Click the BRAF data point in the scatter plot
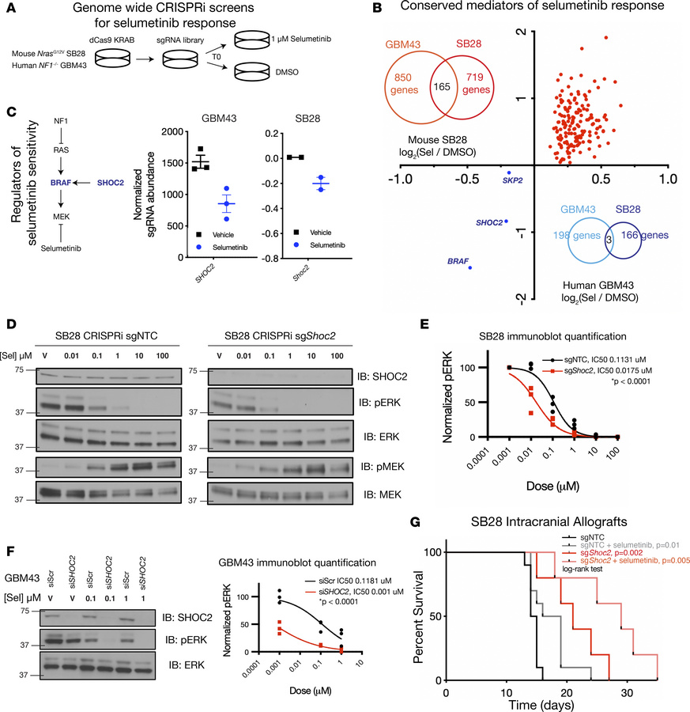coord(469,268)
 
